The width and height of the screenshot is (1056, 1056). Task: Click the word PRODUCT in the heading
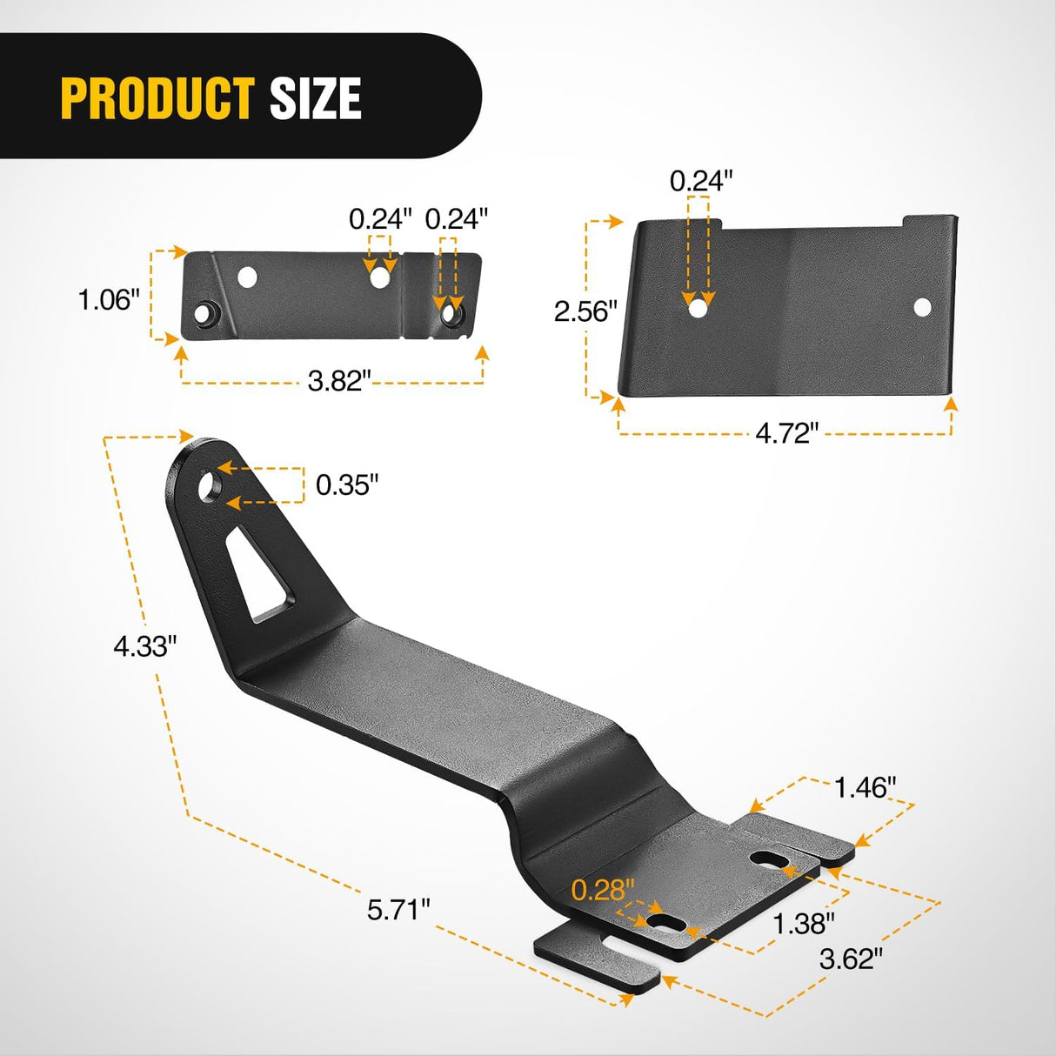pyautogui.click(x=157, y=98)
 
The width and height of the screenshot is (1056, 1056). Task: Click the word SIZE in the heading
pyautogui.click(x=316, y=98)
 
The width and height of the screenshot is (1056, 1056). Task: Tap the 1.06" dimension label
pyautogui.click(x=109, y=300)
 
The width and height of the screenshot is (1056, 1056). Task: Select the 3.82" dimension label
pyautogui.click(x=339, y=380)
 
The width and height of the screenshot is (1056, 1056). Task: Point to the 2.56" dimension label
pyautogui.click(x=585, y=311)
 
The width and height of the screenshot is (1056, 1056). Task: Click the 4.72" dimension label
pyautogui.click(x=787, y=432)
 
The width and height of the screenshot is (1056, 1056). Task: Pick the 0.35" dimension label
pyautogui.click(x=347, y=485)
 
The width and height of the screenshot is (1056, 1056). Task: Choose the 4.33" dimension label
pyautogui.click(x=145, y=646)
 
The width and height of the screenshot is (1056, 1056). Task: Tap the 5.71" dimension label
pyautogui.click(x=398, y=910)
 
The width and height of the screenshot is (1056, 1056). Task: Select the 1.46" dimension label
pyautogui.click(x=865, y=787)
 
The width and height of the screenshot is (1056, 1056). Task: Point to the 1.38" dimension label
pyautogui.click(x=805, y=923)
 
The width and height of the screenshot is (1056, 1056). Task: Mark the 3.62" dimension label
pyautogui.click(x=852, y=959)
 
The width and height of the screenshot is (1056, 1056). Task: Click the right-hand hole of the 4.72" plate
pyautogui.click(x=922, y=306)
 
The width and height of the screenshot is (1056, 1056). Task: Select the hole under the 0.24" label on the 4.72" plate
pyautogui.click(x=698, y=307)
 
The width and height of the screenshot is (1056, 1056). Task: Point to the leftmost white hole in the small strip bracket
pyautogui.click(x=248, y=277)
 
